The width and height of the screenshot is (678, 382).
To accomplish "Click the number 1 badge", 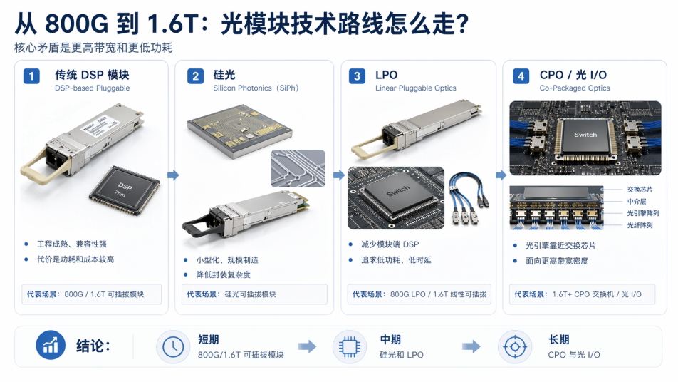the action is [31, 76].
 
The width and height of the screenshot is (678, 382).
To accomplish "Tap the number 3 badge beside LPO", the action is [357, 76].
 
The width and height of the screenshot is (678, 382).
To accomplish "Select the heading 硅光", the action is [224, 75].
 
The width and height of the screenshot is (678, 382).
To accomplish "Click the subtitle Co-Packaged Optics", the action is [575, 88].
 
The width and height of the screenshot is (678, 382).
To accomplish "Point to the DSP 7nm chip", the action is [125, 190].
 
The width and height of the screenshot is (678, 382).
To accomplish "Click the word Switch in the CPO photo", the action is [585, 135].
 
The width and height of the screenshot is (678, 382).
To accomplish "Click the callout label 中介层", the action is [637, 201].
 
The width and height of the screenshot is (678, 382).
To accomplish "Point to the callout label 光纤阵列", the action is [640, 225].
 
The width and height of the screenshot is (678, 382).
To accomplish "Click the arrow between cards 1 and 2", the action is [173, 175].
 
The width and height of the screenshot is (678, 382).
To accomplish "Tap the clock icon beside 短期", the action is [173, 347].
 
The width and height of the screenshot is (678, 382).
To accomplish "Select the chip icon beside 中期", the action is [350, 347].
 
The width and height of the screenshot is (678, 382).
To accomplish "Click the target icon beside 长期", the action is [514, 347].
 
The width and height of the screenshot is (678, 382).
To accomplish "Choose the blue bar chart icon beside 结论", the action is [51, 345].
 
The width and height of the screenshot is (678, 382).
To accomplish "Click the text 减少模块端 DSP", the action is [390, 244].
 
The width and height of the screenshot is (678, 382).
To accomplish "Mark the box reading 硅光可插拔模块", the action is [254, 294].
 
